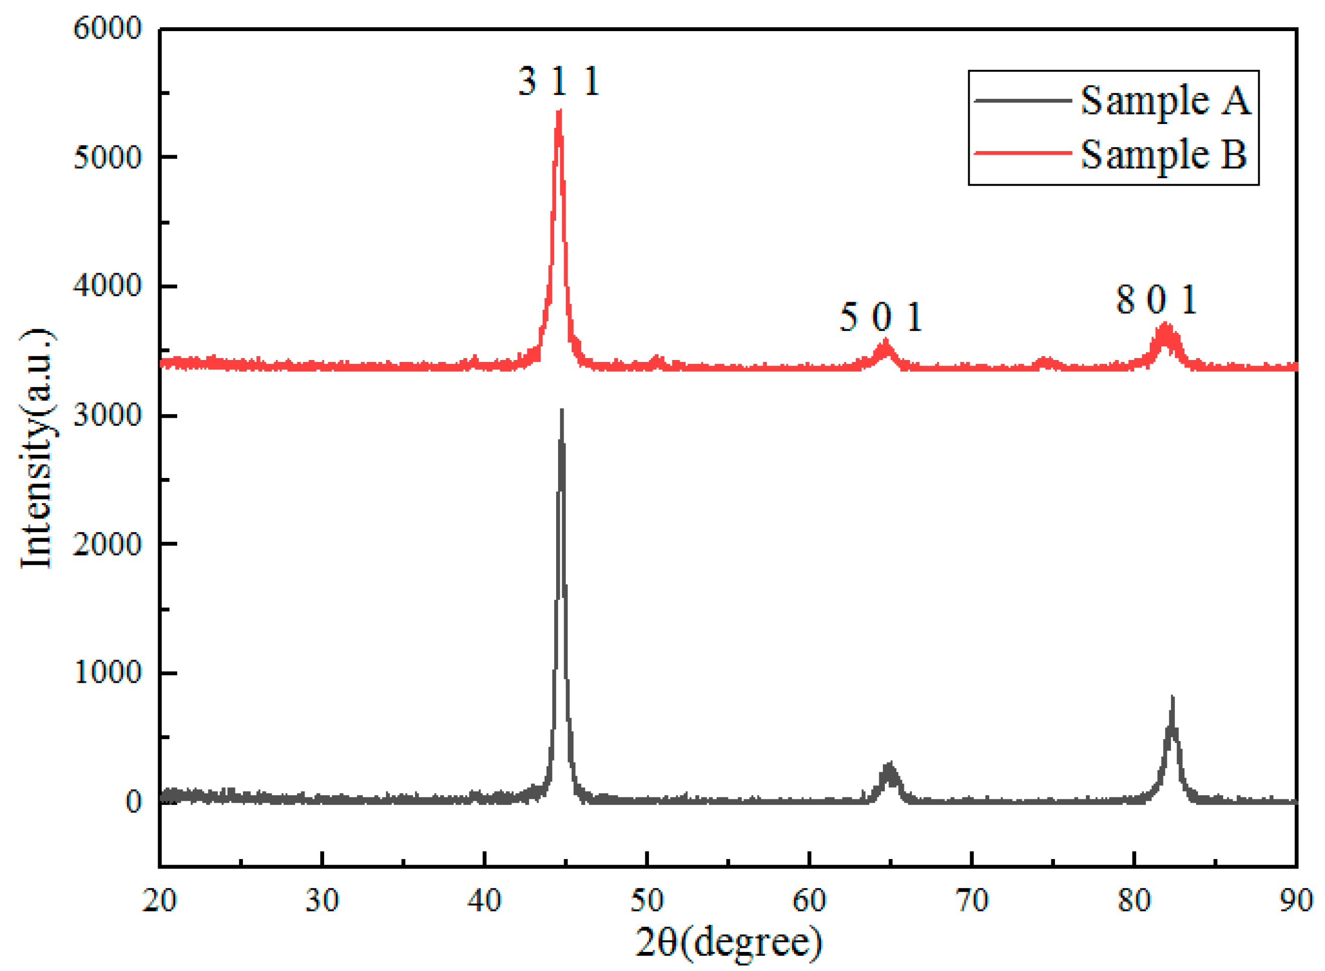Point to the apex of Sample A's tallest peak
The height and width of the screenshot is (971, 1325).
[x=562, y=410]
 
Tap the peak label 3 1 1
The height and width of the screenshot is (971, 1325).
[x=559, y=81]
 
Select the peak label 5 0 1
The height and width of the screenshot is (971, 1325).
[x=880, y=317]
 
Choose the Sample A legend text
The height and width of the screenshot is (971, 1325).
[x=1166, y=100]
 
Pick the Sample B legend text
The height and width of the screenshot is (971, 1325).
[x=1163, y=154]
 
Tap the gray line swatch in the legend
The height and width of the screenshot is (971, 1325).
[x=1023, y=100]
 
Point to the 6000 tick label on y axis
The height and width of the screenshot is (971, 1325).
[x=107, y=28]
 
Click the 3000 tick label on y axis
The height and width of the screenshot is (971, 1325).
[x=107, y=416]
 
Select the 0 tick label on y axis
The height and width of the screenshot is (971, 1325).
[x=134, y=802]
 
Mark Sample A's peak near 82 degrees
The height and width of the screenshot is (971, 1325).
[x=1172, y=698]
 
